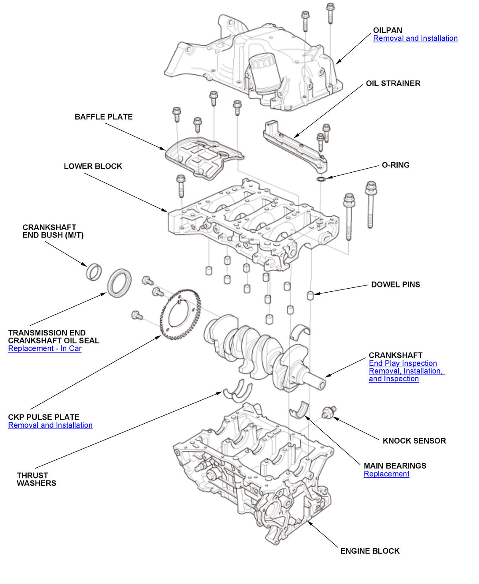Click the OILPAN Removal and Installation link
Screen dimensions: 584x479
pos(415,38)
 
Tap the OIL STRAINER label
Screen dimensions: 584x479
pos(393,83)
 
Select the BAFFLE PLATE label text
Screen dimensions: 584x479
pos(103,117)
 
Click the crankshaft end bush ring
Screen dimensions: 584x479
pos(94,272)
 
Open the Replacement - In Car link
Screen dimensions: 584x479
pos(45,349)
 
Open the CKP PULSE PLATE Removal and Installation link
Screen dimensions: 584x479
pos(50,425)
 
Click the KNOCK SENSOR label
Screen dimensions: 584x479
pos(414,440)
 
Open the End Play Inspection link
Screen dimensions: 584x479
pos(402,363)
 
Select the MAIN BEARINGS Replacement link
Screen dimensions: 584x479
pos(386,474)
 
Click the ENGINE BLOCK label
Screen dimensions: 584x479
pos(370,551)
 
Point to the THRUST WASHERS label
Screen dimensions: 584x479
pos(36,479)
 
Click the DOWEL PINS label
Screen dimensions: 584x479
pos(395,285)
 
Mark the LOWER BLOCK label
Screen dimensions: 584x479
pos(93,166)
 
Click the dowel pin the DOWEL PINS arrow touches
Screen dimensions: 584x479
pos(310,296)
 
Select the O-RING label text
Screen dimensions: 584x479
pos(395,165)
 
